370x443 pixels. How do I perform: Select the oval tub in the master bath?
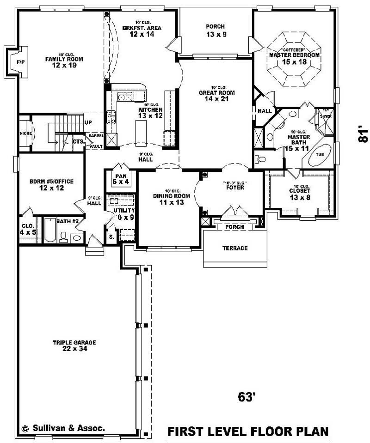[319, 155]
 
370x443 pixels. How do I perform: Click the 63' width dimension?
[247, 396]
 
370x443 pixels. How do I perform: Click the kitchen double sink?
[125, 97]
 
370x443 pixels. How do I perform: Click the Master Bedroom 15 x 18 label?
[294, 58]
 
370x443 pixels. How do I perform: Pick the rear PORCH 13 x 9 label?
[216, 30]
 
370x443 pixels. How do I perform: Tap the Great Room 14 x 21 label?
[216, 95]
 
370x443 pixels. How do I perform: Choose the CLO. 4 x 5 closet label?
[28, 230]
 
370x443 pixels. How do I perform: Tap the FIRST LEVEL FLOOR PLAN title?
[248, 432]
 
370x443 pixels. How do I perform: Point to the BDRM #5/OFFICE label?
[51, 184]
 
